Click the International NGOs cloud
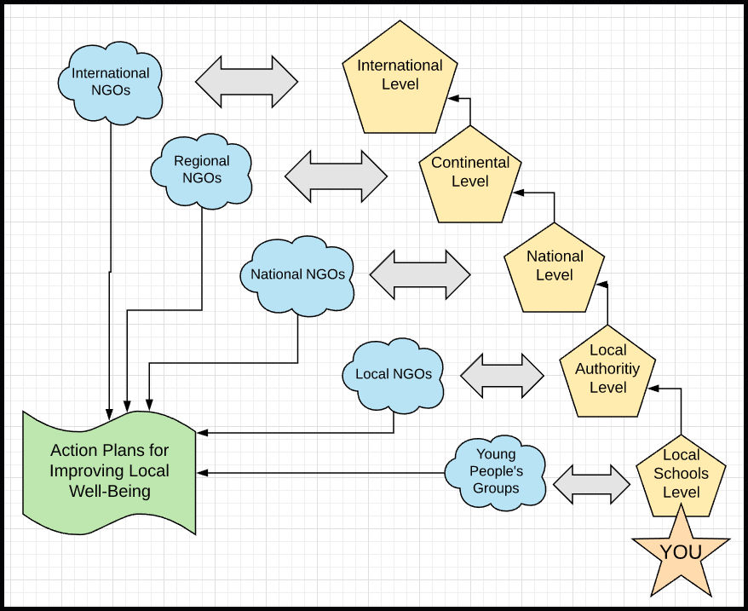(110, 82)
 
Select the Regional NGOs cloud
(201, 169)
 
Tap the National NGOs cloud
(297, 274)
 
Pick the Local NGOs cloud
(393, 374)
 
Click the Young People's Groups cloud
(496, 472)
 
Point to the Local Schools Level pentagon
(681, 475)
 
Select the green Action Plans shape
(109, 470)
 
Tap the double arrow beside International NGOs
(247, 82)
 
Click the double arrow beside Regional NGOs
(336, 176)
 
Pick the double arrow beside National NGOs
(420, 274)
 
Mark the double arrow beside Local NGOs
(502, 374)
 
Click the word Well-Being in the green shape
(109, 491)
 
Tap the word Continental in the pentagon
(470, 163)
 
